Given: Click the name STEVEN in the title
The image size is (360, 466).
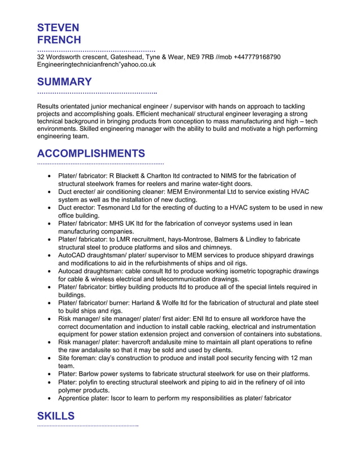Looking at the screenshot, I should tap(58, 28).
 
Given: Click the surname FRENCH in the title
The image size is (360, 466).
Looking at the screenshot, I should tap(59, 40).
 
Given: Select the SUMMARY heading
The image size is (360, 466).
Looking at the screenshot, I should tap(64, 82).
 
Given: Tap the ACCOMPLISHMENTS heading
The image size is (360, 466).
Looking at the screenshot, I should tap(91, 153).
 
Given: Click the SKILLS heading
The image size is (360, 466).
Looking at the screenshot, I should tap(56, 416).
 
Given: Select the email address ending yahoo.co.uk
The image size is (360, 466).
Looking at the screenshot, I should tap(96, 64).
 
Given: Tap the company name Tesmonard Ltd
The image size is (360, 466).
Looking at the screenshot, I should tap(121, 208).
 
